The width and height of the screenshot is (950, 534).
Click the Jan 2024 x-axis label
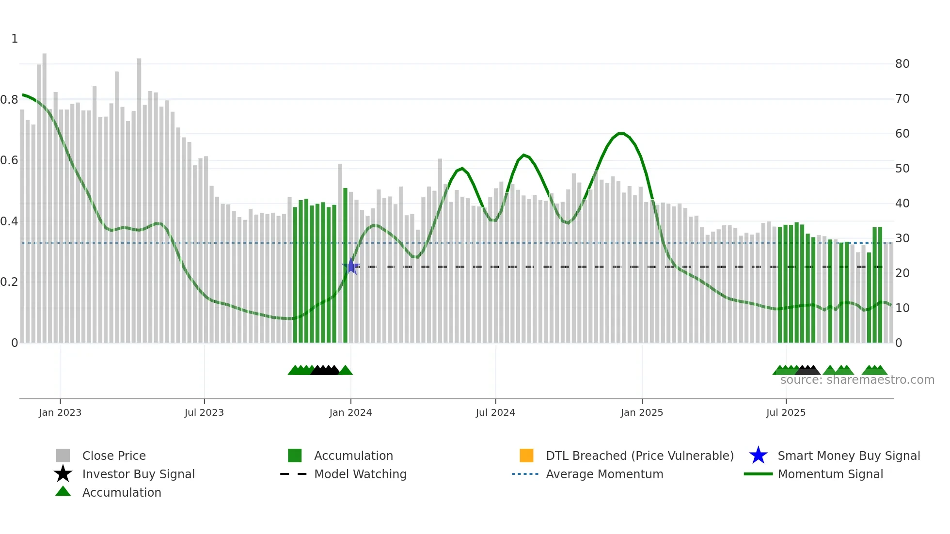pyautogui.click(x=350, y=412)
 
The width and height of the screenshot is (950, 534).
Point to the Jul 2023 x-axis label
pyautogui.click(x=204, y=412)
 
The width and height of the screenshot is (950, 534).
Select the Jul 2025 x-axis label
pyautogui.click(x=786, y=412)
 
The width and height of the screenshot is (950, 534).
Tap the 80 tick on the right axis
pyautogui.click(x=902, y=63)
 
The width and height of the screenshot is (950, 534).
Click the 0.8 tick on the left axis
pyautogui.click(x=9, y=100)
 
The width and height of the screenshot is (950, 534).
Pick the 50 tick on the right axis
pyautogui.click(x=902, y=168)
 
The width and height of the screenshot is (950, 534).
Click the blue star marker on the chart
pyautogui.click(x=351, y=267)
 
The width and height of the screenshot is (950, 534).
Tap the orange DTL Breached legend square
pyautogui.click(x=526, y=455)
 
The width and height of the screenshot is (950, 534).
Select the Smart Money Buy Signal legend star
pyautogui.click(x=758, y=455)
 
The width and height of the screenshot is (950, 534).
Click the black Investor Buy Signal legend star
pyautogui.click(x=63, y=474)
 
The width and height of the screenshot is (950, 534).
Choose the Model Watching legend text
pyautogui.click(x=360, y=474)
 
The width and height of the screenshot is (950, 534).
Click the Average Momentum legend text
pyautogui.click(x=604, y=474)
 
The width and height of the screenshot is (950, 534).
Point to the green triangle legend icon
pyautogui.click(x=63, y=491)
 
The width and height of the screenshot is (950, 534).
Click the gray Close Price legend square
pyautogui.click(x=63, y=455)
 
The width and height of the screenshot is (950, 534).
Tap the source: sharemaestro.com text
pyautogui.click(x=857, y=380)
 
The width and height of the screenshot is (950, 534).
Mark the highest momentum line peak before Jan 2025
pyautogui.click(x=621, y=133)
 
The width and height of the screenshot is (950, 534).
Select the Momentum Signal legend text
pyautogui.click(x=830, y=474)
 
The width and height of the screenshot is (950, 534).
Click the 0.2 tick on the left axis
pyautogui.click(x=9, y=282)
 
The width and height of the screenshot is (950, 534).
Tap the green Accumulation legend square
pyautogui.click(x=295, y=455)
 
